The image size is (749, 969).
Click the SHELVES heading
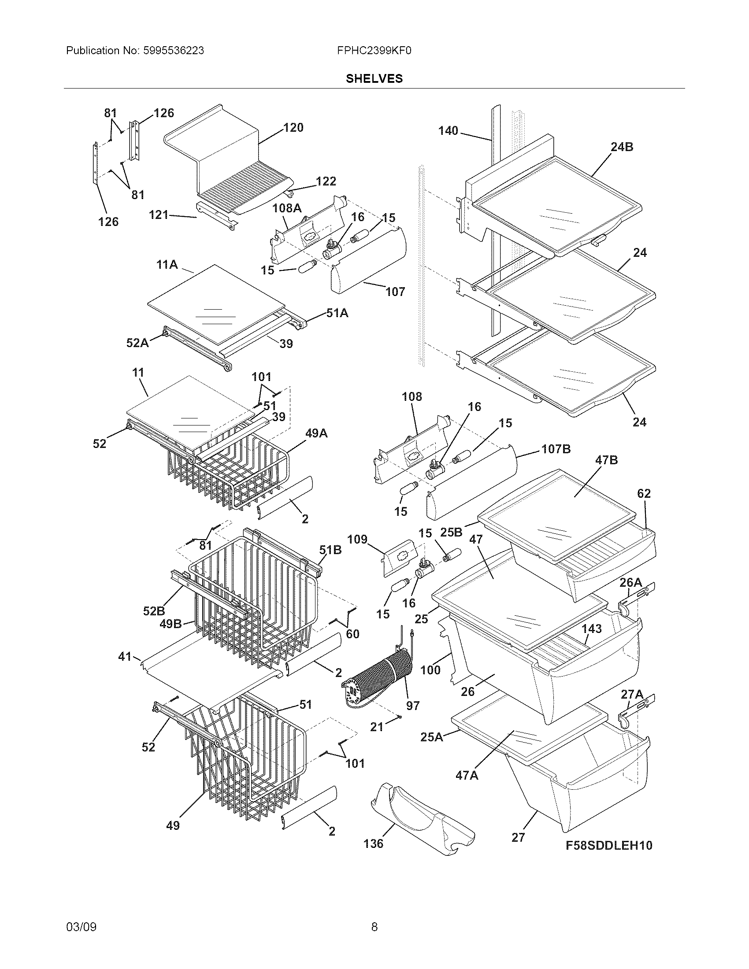[x=374, y=78]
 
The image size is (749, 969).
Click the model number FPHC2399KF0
[x=374, y=51]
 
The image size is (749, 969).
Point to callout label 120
[x=293, y=128]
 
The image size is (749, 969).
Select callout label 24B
[x=622, y=147]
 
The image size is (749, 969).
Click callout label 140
[x=448, y=131]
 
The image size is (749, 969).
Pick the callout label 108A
[x=287, y=207]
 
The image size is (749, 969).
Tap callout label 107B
[x=556, y=449]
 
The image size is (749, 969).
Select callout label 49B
[x=171, y=624]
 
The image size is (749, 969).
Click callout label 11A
[x=167, y=265]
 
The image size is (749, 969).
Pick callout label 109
[x=357, y=539]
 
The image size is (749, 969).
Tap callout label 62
[x=644, y=493]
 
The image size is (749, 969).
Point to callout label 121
[x=158, y=215]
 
